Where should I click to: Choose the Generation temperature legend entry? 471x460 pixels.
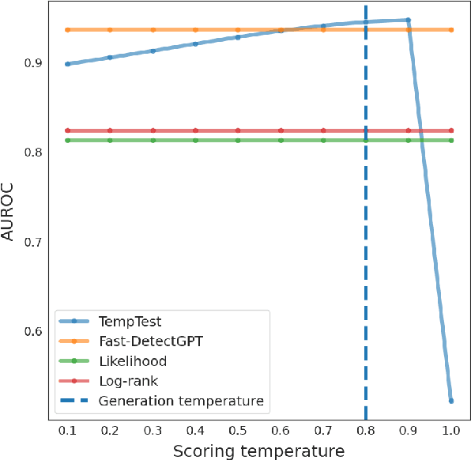coord(181,401)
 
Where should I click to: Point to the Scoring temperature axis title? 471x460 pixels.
coord(259,451)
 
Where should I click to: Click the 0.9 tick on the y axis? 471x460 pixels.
coord(34,62)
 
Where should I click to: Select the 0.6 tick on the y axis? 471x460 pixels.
coord(34,330)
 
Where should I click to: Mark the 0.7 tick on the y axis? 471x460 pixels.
coord(34,241)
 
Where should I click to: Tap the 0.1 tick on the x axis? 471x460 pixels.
coord(68,431)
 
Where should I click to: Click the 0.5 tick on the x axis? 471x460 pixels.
coord(238,431)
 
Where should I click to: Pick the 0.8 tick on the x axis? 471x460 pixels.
coord(366,431)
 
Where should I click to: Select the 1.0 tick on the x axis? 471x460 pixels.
coord(450,431)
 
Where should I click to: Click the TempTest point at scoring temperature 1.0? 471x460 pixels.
coord(450,401)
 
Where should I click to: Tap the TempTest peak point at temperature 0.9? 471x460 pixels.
coord(408,20)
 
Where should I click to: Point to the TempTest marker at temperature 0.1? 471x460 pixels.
coord(68,64)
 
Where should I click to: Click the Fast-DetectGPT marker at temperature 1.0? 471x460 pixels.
coord(450,30)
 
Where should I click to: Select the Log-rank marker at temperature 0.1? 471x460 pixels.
coord(68,130)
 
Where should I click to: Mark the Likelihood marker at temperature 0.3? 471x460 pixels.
coord(153,141)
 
